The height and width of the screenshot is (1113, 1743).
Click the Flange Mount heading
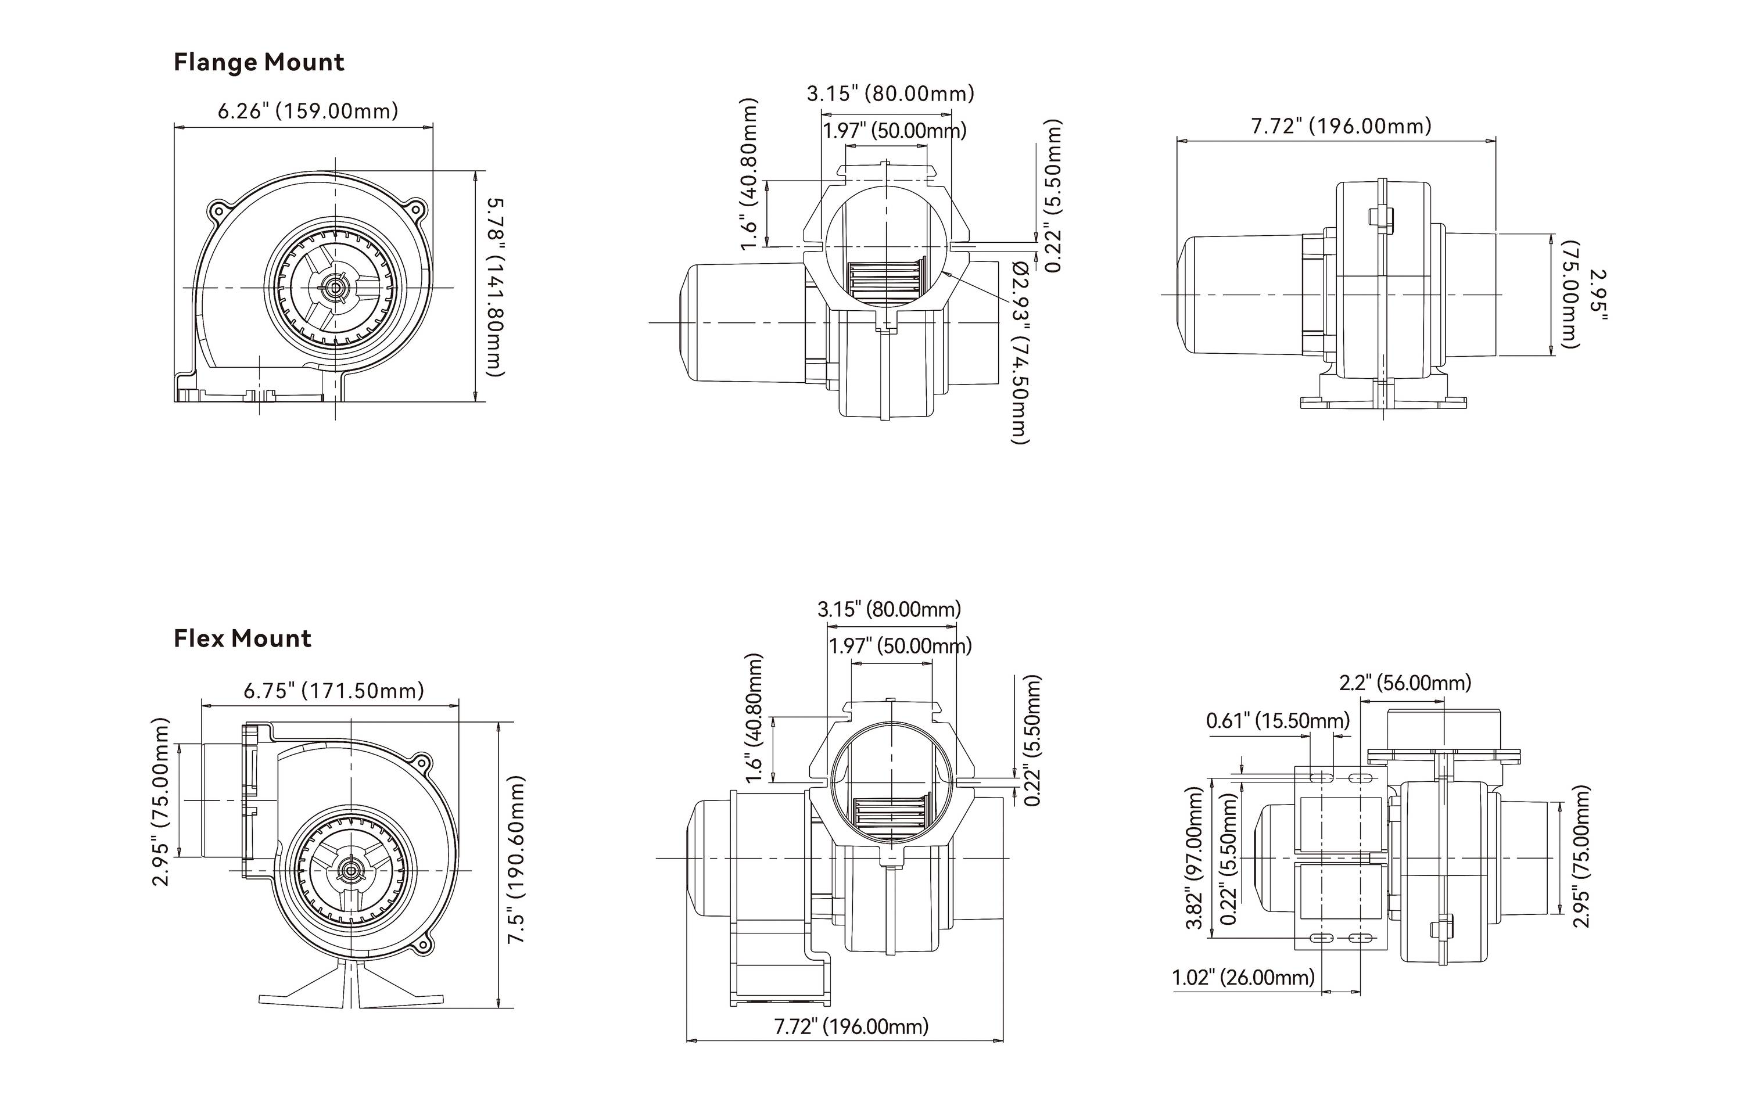(259, 63)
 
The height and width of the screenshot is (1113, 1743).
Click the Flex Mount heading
(242, 639)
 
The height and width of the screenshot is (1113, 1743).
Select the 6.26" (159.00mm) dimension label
(307, 112)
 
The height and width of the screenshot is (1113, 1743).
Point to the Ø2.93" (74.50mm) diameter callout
(1019, 353)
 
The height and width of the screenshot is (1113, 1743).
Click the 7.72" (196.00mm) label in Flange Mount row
(1342, 127)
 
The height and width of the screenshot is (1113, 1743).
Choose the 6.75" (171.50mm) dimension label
(333, 691)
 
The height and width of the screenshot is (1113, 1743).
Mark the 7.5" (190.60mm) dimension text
(516, 859)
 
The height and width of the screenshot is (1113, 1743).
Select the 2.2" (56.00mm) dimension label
(1404, 683)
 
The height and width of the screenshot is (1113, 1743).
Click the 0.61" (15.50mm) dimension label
(1278, 721)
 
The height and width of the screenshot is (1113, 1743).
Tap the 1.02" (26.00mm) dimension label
(1243, 978)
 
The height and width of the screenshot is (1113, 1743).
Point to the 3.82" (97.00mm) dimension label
(1195, 857)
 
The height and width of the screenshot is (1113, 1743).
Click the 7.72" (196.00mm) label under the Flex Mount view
(851, 1026)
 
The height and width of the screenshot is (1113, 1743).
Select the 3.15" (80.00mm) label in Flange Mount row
(890, 94)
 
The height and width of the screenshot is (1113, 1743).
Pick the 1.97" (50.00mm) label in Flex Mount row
(900, 645)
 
